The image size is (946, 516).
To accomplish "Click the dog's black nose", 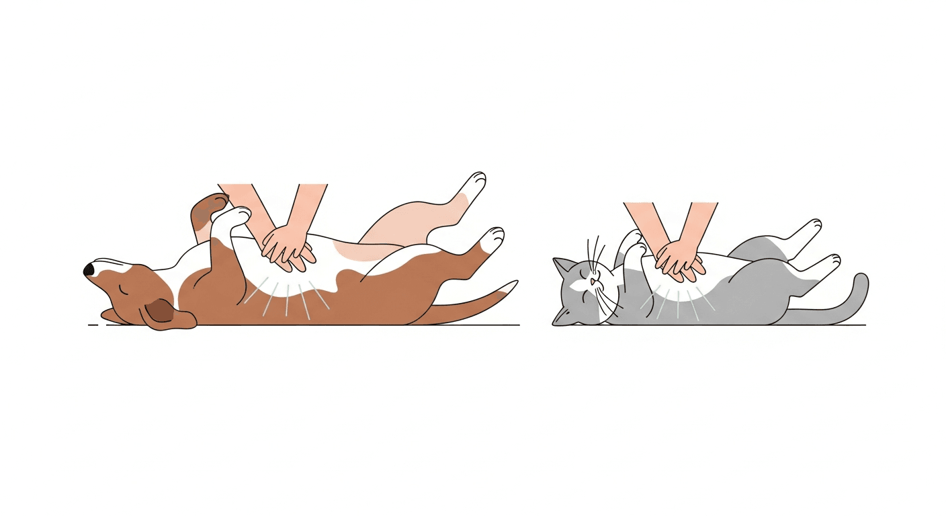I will coord(89,269).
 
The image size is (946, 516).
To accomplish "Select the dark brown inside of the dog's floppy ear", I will coord(160,310).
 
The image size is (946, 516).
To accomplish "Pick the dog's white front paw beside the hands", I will coord(236,216).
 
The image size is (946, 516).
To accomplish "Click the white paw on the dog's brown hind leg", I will coord(494,236).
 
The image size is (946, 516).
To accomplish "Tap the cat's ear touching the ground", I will coord(560,318).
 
